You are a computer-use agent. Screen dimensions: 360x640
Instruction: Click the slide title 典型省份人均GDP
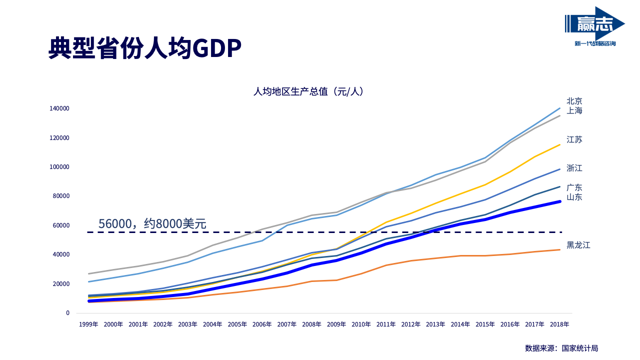click(x=145, y=48)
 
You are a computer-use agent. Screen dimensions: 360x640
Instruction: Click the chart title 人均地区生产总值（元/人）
click(x=308, y=91)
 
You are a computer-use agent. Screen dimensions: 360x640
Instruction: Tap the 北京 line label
click(x=574, y=101)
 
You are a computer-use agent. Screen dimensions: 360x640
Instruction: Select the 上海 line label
click(x=574, y=110)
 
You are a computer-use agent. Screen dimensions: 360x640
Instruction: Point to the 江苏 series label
click(x=574, y=139)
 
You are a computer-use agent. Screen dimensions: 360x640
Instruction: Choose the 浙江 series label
click(x=574, y=168)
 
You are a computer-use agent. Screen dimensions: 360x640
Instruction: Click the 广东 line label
click(x=574, y=187)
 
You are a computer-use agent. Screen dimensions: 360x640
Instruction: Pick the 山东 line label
click(x=574, y=197)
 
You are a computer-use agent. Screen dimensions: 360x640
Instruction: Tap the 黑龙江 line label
click(x=578, y=245)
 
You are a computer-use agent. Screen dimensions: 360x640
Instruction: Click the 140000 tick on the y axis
click(x=59, y=108)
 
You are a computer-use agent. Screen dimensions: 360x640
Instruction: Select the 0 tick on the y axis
click(x=67, y=313)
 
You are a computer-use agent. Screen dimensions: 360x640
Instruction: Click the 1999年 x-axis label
click(x=88, y=324)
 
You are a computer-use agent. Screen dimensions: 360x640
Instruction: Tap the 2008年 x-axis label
click(x=311, y=324)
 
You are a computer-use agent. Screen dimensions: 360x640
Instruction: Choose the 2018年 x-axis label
click(x=559, y=324)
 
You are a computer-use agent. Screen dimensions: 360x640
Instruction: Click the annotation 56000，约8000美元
click(x=152, y=224)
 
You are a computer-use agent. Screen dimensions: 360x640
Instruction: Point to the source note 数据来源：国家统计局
click(x=561, y=348)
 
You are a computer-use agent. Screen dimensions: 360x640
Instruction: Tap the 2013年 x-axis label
click(x=435, y=324)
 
